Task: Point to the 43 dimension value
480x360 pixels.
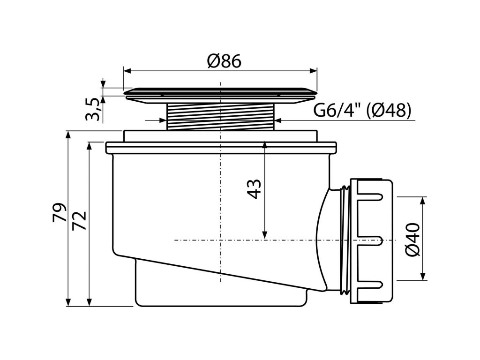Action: coord(254,188)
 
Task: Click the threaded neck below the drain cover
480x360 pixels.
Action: coord(221,116)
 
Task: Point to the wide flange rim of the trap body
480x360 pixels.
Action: coord(220,147)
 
